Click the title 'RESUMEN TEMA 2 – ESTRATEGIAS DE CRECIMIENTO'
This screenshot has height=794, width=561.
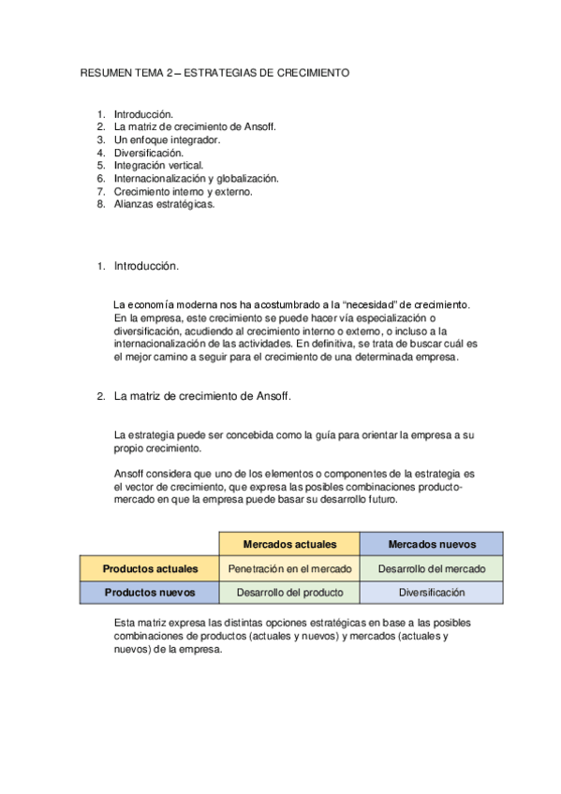coord(215,72)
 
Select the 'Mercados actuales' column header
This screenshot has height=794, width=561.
coord(289,544)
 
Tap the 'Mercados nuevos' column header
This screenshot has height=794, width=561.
coord(432,544)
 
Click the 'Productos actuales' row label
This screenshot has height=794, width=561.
coord(150,568)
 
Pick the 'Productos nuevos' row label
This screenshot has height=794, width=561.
coord(150,593)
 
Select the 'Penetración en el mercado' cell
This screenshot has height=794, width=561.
coord(289,568)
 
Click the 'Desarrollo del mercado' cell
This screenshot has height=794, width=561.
coord(432,568)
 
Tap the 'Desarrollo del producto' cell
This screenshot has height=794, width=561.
coord(289,593)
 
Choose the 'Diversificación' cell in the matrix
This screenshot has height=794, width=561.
coord(432,593)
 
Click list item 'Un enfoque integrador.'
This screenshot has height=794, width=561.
coord(167,140)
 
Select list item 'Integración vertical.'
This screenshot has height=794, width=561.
coord(158,166)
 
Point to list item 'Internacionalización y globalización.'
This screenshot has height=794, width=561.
coord(196,178)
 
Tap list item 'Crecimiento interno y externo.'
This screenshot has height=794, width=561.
coord(183,191)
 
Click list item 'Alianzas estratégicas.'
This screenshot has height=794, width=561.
coord(164,204)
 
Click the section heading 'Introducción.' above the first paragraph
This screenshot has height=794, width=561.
coord(146,266)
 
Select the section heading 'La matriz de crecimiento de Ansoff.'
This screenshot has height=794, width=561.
coord(202,396)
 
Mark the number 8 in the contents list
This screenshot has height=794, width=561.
coord(100,204)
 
